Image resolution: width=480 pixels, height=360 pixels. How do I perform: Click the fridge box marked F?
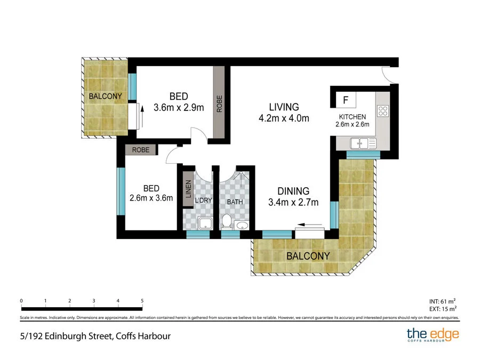[x=346, y=100]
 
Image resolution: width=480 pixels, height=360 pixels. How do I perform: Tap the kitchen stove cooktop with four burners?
[x=383, y=111]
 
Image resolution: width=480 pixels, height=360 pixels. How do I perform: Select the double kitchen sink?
[x=363, y=142]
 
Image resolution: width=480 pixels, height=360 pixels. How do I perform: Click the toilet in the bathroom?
[x=226, y=221]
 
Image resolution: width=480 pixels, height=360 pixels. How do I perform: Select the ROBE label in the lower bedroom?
[x=141, y=150]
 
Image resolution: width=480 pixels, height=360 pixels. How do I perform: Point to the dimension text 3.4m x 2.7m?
[x=293, y=202]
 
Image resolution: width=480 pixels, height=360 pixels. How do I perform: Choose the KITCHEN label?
[x=353, y=117]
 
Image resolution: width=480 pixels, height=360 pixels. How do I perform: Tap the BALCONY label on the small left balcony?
[x=105, y=97]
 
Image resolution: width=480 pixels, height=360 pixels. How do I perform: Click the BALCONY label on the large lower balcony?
[x=308, y=255]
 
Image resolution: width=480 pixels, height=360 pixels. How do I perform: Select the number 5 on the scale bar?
[x=142, y=301]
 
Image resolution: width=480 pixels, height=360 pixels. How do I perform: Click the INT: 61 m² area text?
[x=443, y=301]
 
